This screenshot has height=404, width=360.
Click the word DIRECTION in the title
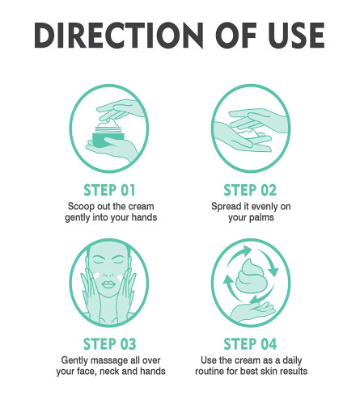pyautogui.click(x=119, y=36)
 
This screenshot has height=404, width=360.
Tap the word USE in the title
pyautogui.click(x=296, y=36)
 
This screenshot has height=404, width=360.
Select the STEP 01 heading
pyautogui.click(x=109, y=190)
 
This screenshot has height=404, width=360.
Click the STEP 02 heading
pyautogui.click(x=250, y=190)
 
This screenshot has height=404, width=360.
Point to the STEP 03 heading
pyautogui.click(x=110, y=344)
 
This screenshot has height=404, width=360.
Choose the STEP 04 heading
pyautogui.click(x=250, y=344)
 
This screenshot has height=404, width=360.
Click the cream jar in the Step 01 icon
pyautogui.click(x=108, y=136)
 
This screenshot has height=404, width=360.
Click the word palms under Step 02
pyautogui.click(x=259, y=217)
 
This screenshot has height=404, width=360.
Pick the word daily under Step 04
pyautogui.click(x=292, y=360)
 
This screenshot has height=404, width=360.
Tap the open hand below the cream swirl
pyautogui.click(x=253, y=312)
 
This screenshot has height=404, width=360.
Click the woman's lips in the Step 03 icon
pyautogui.click(x=109, y=284)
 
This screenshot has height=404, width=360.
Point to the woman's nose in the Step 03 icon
pyautogui.click(x=108, y=273)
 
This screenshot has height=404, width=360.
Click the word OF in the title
pyautogui.click(x=235, y=36)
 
